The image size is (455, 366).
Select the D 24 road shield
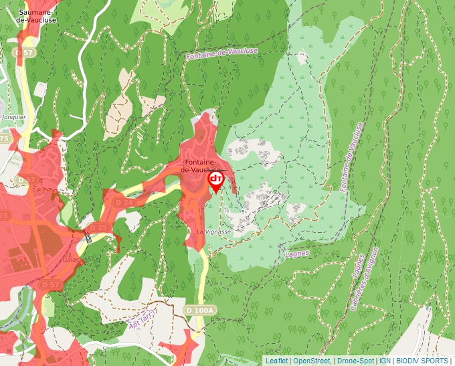click(124, 201)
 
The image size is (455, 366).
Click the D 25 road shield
click(98, 227)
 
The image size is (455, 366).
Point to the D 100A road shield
click(200, 310)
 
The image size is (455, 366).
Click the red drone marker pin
click(216, 181)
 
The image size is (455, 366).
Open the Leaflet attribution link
click(276, 361)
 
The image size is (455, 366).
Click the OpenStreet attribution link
click(312, 361)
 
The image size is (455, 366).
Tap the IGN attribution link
click(385, 361)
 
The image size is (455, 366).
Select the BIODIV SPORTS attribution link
click(422, 361)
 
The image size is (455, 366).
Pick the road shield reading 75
click(5, 139)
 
